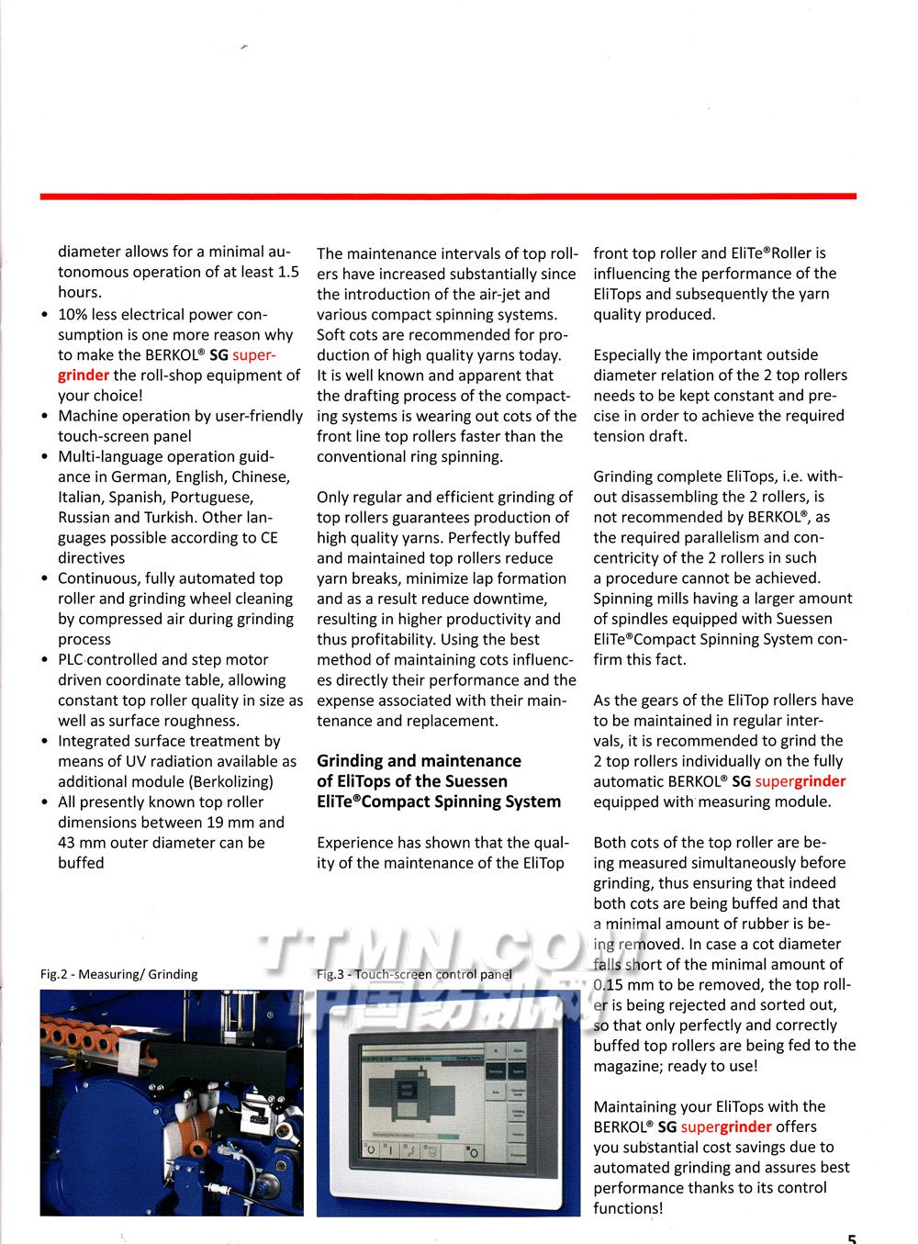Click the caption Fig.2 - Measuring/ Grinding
coord(118,974)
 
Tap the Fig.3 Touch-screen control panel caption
coord(414,974)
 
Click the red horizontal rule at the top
coord(448,196)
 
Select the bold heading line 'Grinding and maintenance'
coord(419,761)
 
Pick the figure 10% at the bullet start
coord(73,315)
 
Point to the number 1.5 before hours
coord(287,273)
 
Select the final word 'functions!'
coord(628,1209)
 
